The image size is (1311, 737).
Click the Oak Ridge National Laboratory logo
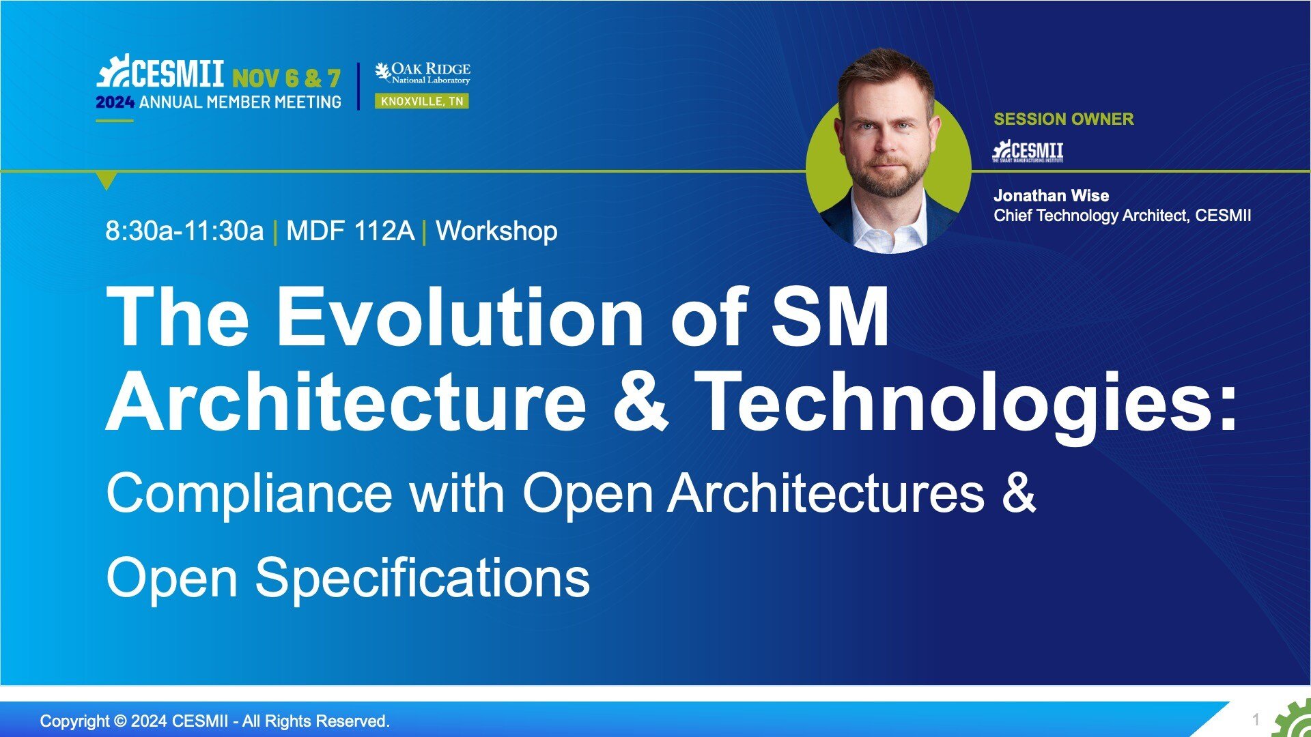click(423, 73)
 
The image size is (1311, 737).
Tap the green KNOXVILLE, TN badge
click(422, 101)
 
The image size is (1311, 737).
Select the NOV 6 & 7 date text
click(286, 78)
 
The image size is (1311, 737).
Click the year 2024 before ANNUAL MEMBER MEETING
click(115, 102)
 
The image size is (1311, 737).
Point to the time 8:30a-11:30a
click(184, 231)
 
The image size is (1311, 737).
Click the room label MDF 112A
click(350, 231)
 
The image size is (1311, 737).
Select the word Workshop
click(496, 231)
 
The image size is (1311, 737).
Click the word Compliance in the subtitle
click(249, 495)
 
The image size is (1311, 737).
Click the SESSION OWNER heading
click(1063, 119)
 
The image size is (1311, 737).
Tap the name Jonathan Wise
click(1051, 196)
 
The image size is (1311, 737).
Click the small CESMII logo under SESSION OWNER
click(1028, 151)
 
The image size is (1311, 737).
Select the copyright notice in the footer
click(215, 721)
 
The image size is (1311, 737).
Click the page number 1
click(1255, 720)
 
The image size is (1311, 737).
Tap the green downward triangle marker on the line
click(107, 180)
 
